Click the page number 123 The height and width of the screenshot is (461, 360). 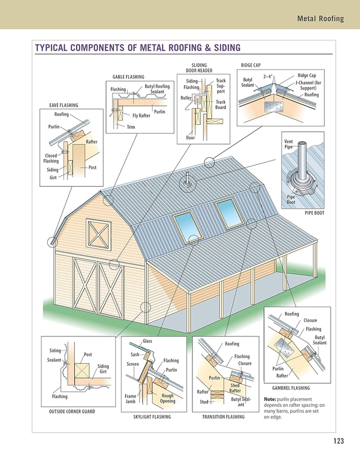(339, 441)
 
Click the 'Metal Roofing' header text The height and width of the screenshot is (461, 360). (320, 18)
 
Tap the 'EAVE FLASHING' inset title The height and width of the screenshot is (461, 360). (64, 105)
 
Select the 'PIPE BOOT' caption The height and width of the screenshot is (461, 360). (314, 213)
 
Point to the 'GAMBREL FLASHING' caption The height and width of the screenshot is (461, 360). (291, 388)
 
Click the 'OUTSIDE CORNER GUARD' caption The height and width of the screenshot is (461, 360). (72, 411)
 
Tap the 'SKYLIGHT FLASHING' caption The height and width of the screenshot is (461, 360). (152, 417)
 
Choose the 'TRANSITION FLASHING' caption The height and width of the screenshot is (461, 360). (223, 417)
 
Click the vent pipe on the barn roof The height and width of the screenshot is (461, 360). (187, 179)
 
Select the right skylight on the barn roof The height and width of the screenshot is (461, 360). (229, 213)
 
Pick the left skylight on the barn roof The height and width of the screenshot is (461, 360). (188, 227)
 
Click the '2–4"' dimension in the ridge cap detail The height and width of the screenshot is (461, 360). (268, 77)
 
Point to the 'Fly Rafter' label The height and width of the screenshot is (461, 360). (141, 116)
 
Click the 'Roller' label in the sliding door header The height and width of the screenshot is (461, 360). (185, 98)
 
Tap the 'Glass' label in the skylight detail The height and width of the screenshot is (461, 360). (147, 341)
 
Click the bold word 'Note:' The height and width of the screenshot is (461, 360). (270, 399)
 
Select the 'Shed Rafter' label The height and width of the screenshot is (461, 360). (235, 388)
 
